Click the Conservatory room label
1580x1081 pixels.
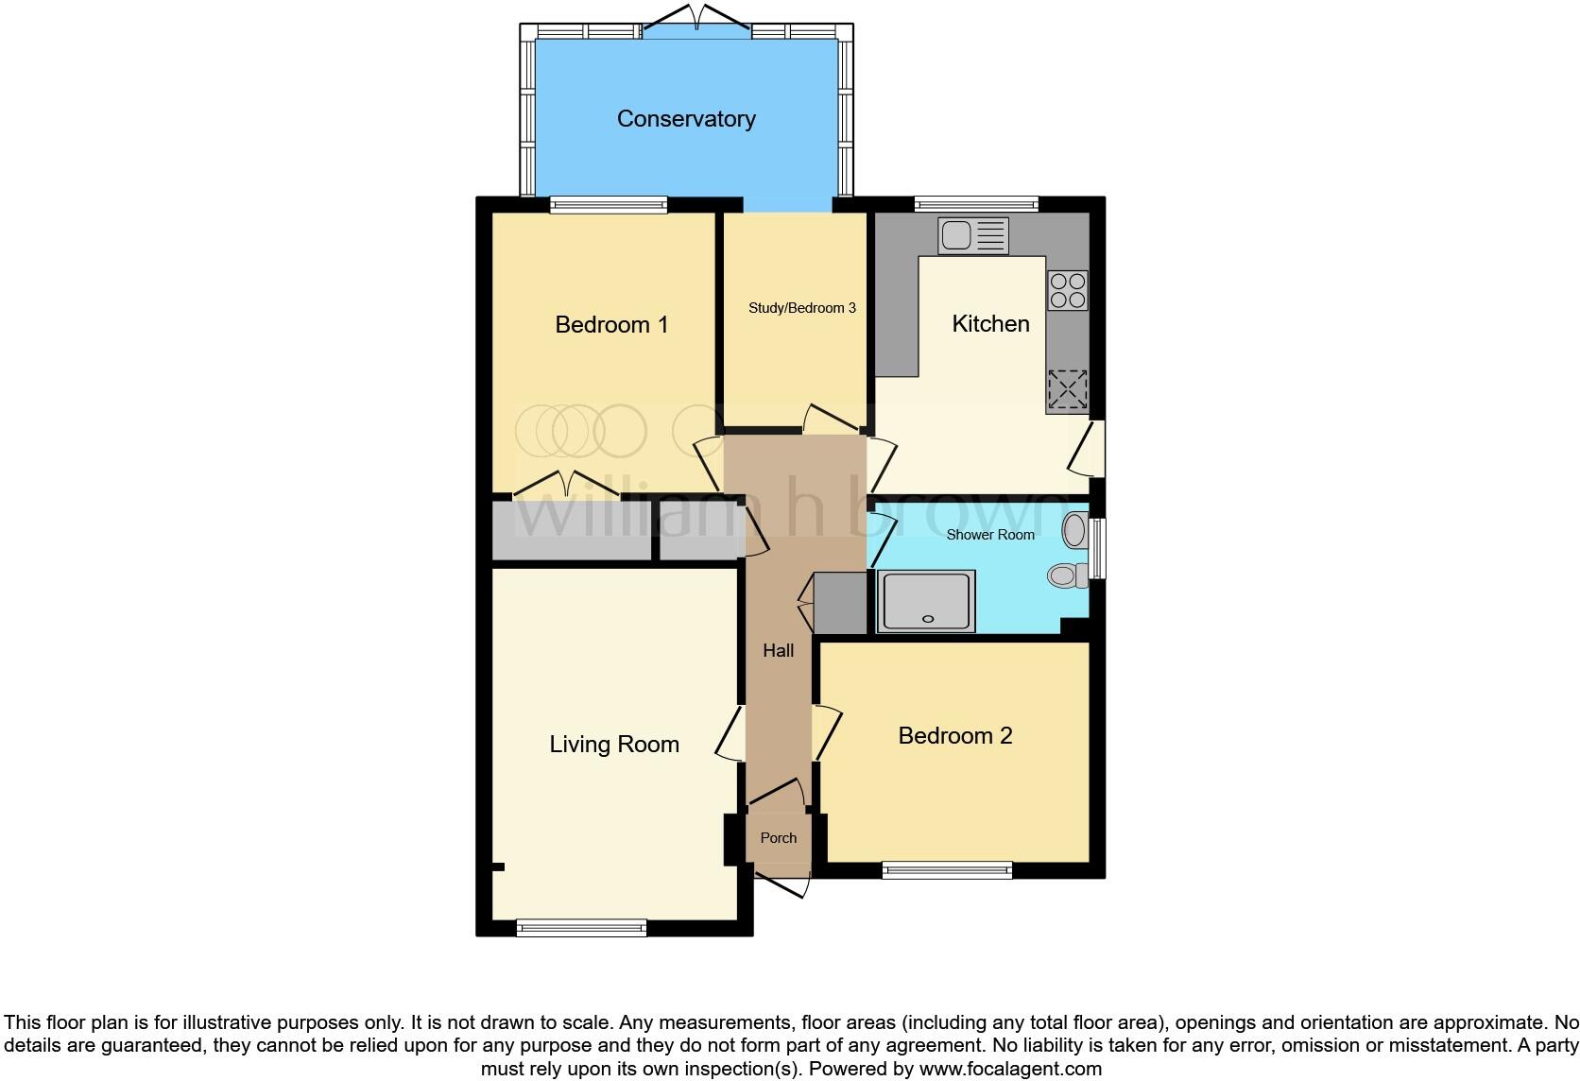coord(686,119)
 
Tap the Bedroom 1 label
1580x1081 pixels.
coord(611,325)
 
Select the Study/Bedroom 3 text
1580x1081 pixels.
coord(801,308)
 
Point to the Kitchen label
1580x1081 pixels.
coord(990,323)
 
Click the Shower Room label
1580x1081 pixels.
coord(990,535)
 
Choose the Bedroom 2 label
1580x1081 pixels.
coord(954,736)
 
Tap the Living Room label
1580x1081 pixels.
coord(614,745)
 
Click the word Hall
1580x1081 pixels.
coord(779,650)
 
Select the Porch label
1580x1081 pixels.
coord(779,838)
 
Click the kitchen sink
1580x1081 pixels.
coord(973,235)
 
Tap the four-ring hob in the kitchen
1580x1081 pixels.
coord(1068,290)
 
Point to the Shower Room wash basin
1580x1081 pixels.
coord(1074,531)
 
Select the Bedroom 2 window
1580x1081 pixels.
coord(947,870)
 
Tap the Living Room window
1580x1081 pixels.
coord(581,928)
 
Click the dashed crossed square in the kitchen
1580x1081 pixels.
coord(1068,389)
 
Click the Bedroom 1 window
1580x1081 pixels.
coord(609,204)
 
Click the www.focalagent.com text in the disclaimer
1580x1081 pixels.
coord(1009,1070)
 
